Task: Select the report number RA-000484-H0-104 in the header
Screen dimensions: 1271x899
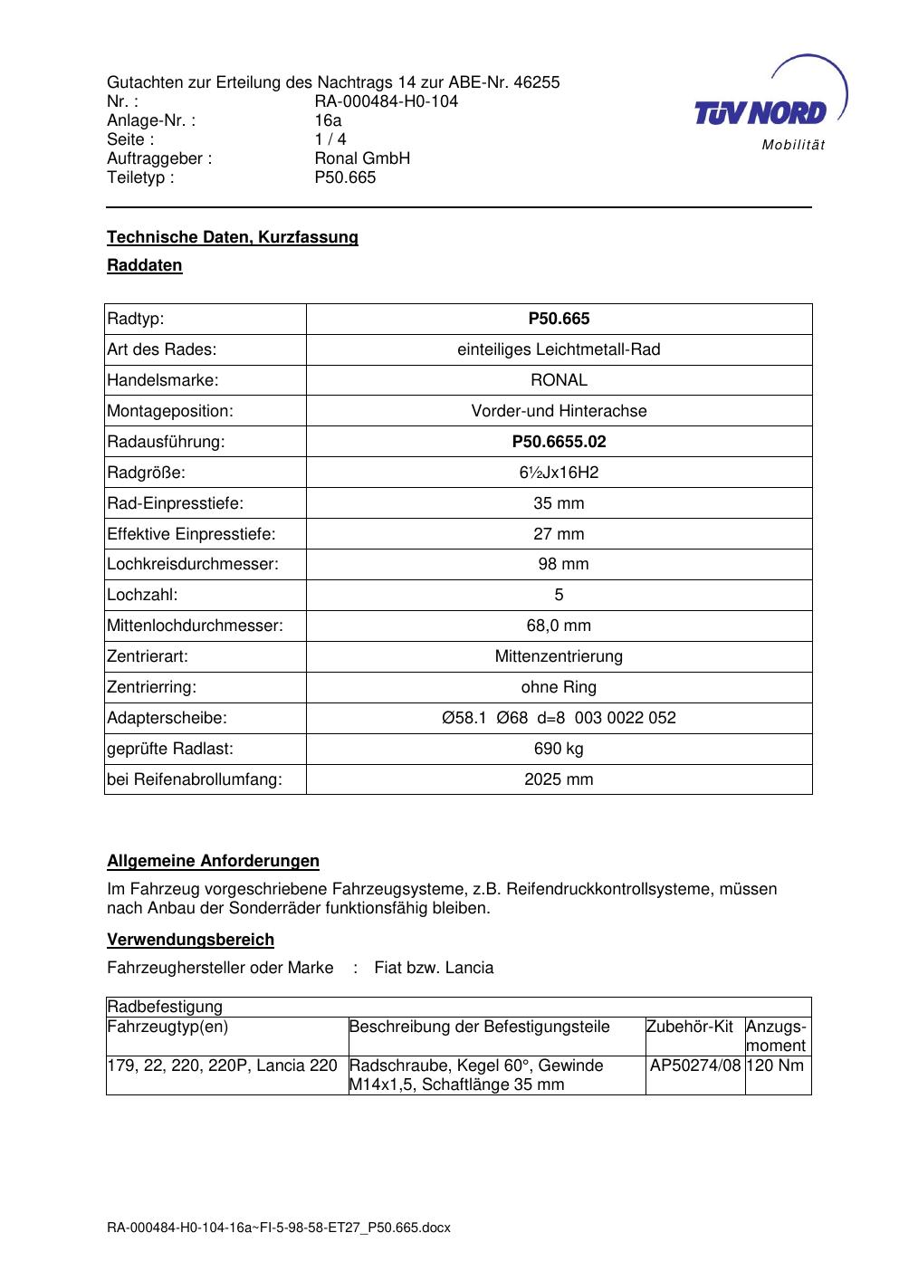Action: tap(386, 101)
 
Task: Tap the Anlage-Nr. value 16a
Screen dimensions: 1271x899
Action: tap(328, 120)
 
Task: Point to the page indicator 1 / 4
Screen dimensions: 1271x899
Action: tap(330, 139)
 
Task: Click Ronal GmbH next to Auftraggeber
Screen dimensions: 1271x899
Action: tap(362, 158)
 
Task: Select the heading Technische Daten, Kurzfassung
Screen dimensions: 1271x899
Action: tap(233, 237)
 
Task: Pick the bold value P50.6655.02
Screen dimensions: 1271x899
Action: tap(559, 442)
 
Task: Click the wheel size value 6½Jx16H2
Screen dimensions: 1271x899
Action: tap(559, 473)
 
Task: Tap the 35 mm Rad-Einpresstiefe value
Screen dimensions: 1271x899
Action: tap(559, 503)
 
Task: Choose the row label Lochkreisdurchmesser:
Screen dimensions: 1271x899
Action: tap(193, 564)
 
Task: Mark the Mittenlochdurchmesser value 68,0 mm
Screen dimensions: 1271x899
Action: tap(559, 626)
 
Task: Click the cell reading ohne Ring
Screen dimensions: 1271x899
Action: tap(559, 687)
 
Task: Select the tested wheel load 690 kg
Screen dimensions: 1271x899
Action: tap(559, 749)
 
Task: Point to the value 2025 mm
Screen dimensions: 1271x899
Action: tap(559, 779)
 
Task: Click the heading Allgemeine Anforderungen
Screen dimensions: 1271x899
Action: tap(213, 861)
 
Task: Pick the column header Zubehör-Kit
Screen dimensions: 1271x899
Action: tap(690, 1027)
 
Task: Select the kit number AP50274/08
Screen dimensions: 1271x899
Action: tap(695, 1066)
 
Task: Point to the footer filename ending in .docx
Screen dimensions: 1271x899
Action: tap(279, 1228)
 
